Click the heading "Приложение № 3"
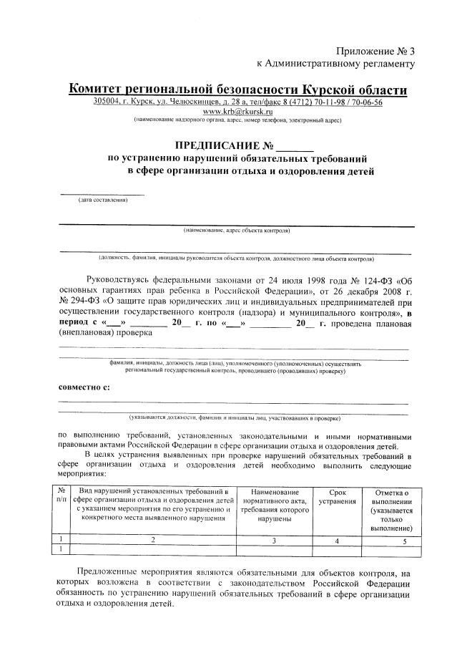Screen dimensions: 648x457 pos(375,51)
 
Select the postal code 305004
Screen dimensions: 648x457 pos(107,102)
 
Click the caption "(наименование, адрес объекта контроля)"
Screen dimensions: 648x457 pos(236,231)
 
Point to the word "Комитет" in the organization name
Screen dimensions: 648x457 pos(99,90)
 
